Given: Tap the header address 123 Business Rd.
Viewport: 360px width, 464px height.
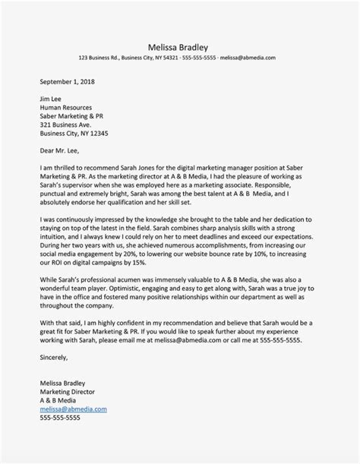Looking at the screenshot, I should click(x=101, y=58).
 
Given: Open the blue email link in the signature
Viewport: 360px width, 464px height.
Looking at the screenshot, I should click(x=74, y=409).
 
